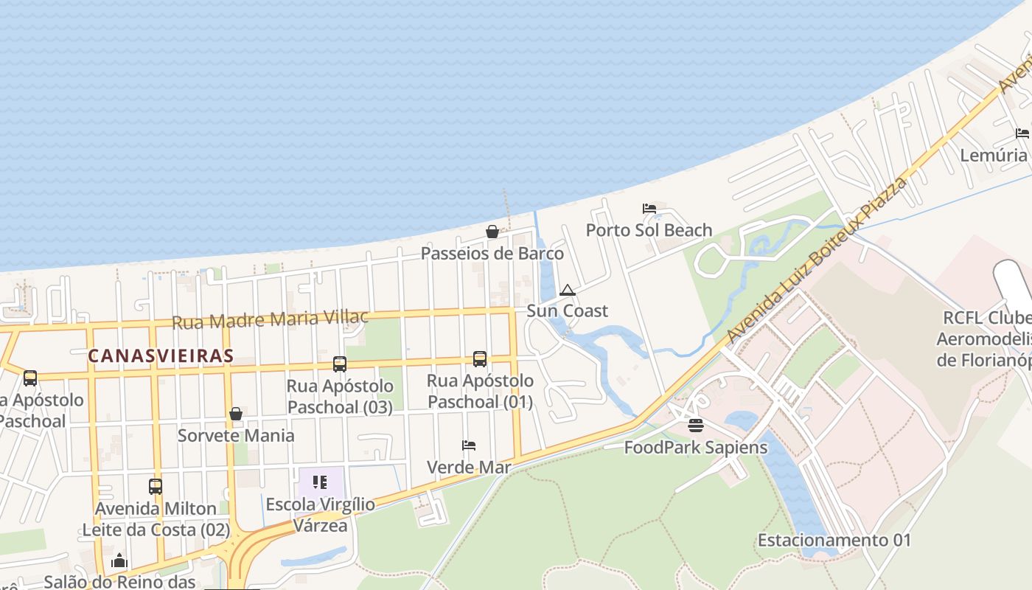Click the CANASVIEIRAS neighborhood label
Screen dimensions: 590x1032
[x=161, y=356]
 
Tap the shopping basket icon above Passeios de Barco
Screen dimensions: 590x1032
[x=492, y=232]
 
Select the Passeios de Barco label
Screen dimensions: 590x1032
[x=492, y=254]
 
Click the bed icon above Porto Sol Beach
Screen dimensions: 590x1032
[x=649, y=209]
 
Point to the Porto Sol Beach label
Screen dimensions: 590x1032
[x=649, y=230]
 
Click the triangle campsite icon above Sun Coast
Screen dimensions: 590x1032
[x=567, y=290]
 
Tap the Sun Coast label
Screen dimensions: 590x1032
[x=568, y=311]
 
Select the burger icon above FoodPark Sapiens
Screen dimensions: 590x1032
[x=695, y=426]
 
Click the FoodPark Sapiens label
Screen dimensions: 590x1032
[x=696, y=447]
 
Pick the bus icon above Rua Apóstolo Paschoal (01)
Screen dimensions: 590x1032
[x=480, y=359]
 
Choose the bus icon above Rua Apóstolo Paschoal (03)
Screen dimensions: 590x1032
[x=340, y=364]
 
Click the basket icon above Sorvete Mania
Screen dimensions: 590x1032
[x=236, y=414]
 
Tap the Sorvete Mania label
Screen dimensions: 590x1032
[x=236, y=435]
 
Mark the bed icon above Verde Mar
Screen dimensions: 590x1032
[x=469, y=445]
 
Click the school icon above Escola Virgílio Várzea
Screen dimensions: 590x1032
[x=320, y=482]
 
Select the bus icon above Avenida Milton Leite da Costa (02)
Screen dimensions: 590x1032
[x=156, y=487]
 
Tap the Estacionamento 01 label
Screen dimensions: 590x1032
[x=834, y=540]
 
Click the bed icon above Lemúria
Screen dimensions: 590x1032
[x=1022, y=133]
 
